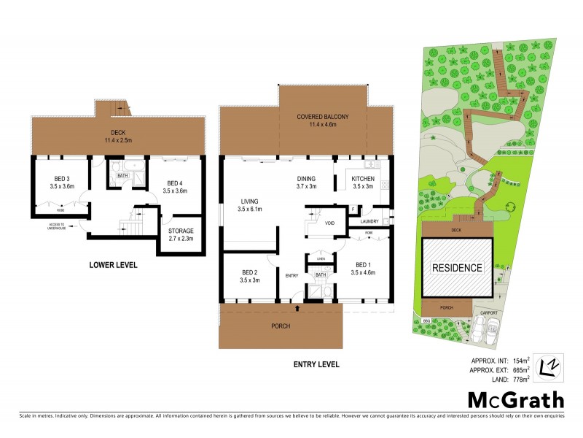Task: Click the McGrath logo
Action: click(x=515, y=399)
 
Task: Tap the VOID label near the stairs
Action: click(x=329, y=223)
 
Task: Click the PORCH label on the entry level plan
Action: click(x=281, y=326)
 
